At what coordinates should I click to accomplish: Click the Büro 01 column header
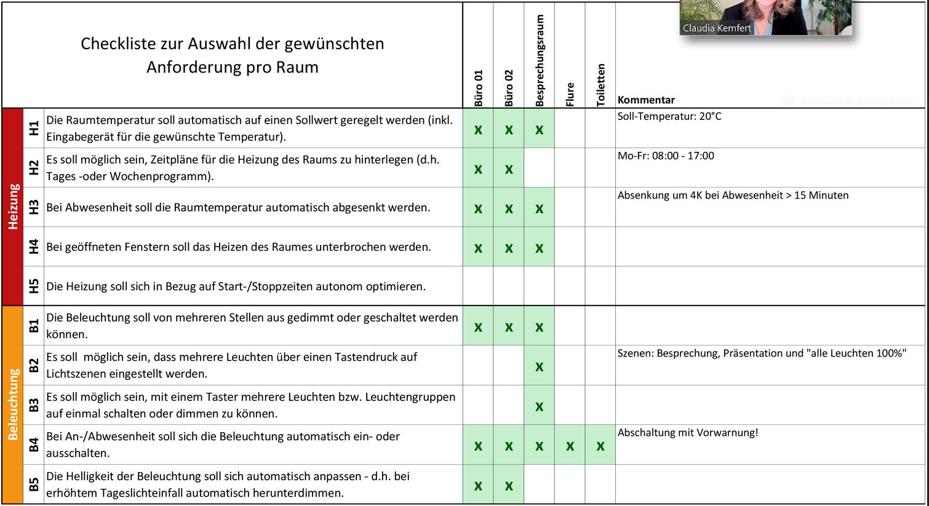click(479, 88)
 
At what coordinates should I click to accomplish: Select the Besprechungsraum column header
click(540, 61)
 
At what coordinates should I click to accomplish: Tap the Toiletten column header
click(600, 85)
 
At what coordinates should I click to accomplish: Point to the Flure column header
click(570, 94)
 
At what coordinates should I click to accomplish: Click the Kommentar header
click(646, 100)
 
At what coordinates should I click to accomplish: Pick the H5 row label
click(34, 286)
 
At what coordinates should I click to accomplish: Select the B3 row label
click(34, 405)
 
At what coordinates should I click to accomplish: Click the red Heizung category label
click(13, 207)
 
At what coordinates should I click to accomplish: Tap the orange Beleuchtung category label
click(13, 405)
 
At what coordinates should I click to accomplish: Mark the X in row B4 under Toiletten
click(600, 446)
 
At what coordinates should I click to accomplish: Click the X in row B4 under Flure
click(570, 446)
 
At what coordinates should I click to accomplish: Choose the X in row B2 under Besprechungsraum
click(540, 367)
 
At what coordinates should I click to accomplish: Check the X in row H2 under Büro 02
click(509, 169)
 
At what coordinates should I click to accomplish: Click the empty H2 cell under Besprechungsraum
click(540, 168)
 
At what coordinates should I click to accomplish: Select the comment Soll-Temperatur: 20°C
click(669, 116)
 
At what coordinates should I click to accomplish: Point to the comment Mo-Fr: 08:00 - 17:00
click(666, 156)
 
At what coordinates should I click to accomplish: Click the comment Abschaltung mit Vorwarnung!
click(688, 432)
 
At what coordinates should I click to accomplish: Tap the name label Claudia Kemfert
click(717, 28)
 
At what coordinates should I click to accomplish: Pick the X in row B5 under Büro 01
click(478, 486)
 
